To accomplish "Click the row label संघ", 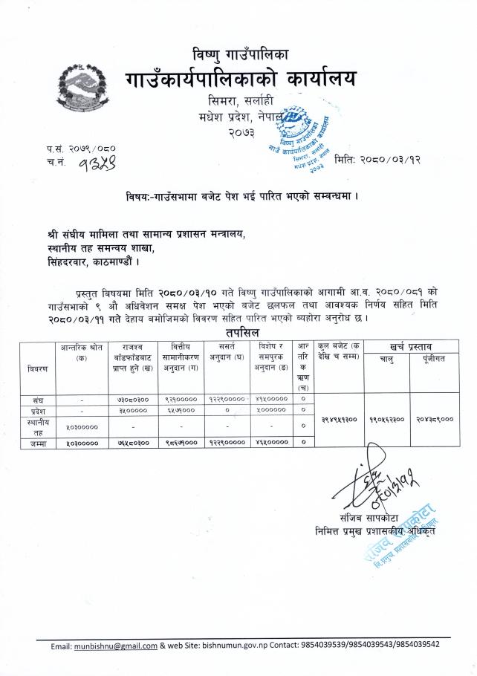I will pos(36,399).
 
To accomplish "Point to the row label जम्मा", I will pos(36,443).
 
